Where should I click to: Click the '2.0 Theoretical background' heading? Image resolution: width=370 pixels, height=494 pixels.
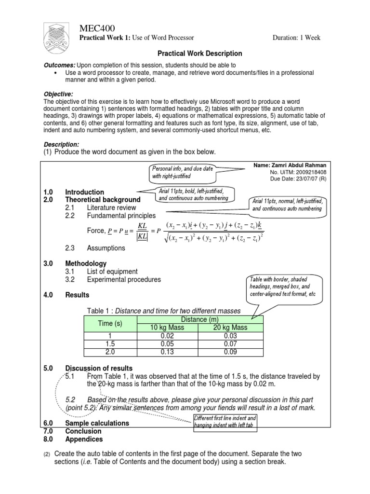(103, 199)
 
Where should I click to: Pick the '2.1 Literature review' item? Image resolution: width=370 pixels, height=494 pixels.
(109, 207)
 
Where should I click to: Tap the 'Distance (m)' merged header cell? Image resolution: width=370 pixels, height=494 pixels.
(200, 319)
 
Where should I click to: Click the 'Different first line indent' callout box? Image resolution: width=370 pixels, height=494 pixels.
(225, 421)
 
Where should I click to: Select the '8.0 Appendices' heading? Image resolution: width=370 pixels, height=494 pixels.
(84, 439)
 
